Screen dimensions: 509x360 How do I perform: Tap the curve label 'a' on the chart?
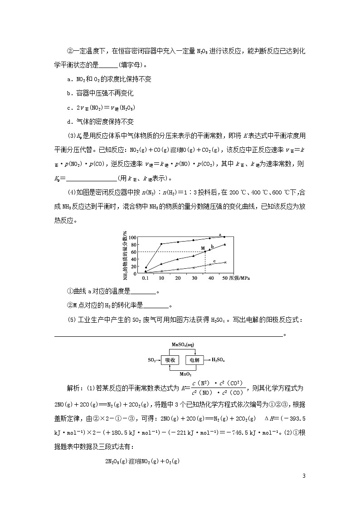220,235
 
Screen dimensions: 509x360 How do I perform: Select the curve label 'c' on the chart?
214,261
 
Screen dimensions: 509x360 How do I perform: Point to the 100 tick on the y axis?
132,237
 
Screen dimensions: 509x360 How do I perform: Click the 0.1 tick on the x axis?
145,277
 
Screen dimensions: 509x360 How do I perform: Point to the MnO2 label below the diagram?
185,374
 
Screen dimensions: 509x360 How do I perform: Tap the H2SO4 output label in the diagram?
218,360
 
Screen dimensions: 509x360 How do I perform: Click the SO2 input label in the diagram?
152,360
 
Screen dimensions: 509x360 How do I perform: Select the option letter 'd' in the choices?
68,121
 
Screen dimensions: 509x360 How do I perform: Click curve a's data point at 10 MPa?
161,244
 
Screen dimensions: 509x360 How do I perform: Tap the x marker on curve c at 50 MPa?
225,262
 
